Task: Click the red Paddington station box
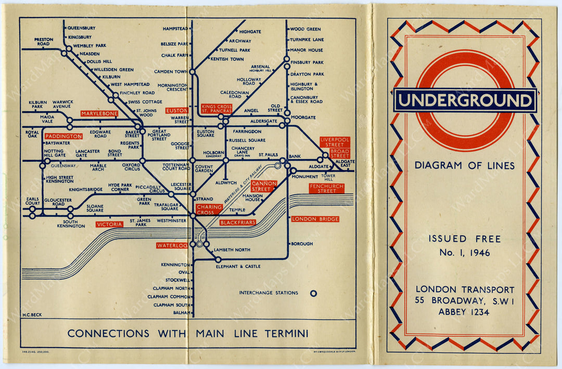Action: [x=63, y=136]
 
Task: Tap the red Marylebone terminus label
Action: [x=99, y=113]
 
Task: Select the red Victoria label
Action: [x=110, y=225]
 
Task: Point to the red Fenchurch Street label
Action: [x=326, y=188]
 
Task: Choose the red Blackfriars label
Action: [x=238, y=222]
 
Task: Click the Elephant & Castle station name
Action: [x=238, y=267]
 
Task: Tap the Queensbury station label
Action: [x=81, y=28]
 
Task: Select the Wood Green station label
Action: [x=305, y=29]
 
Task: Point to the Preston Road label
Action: [x=44, y=42]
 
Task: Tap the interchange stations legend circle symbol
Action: [x=313, y=293]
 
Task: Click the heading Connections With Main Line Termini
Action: [x=187, y=333]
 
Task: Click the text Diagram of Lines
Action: [x=465, y=166]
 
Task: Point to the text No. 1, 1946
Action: [x=465, y=253]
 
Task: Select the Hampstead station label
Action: [x=175, y=29]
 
